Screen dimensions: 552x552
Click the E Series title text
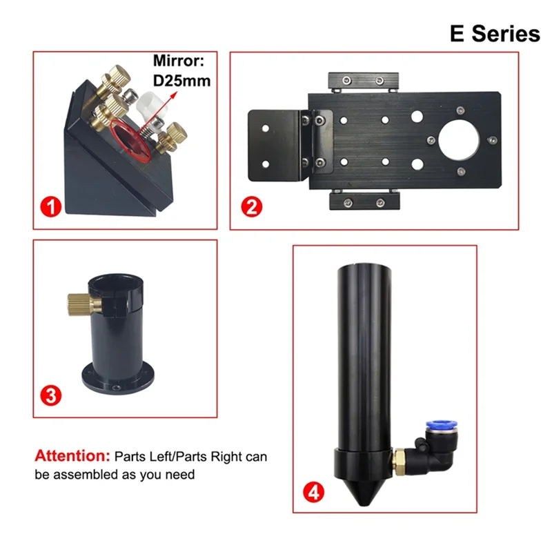(x=494, y=32)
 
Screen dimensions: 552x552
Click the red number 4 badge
(x=314, y=492)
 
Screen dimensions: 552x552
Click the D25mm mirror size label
(x=181, y=81)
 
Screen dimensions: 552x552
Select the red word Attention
(x=72, y=456)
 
